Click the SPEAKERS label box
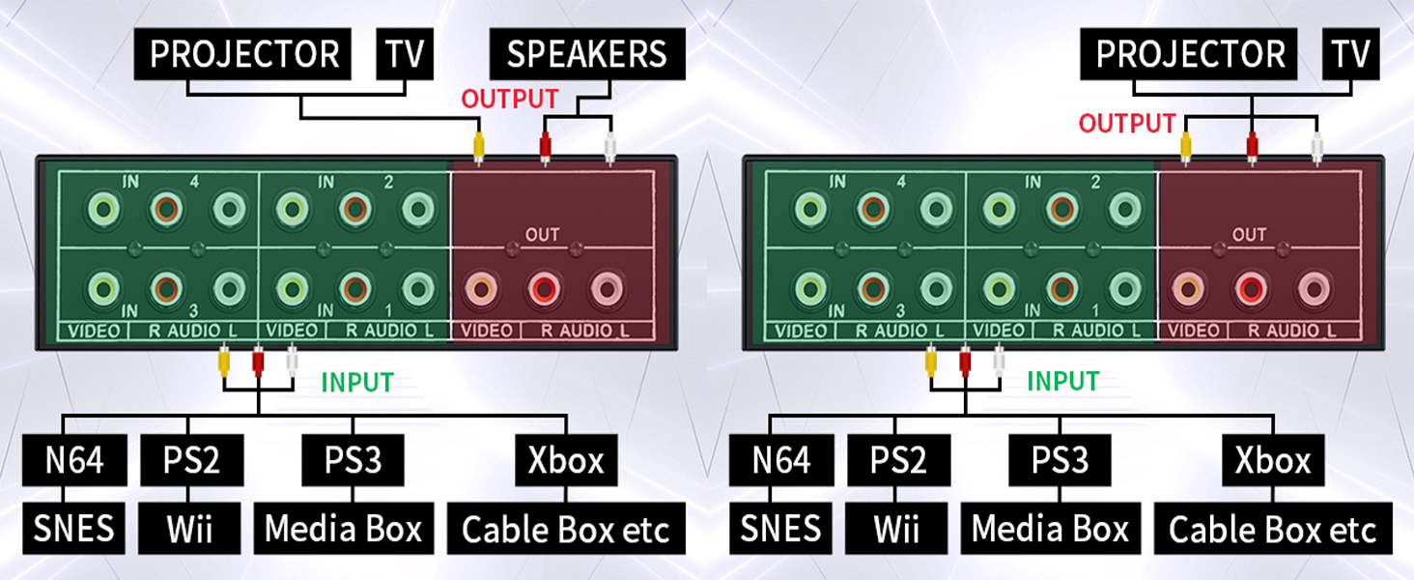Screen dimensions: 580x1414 coord(587,54)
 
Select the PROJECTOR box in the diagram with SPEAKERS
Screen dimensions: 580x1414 coord(244,54)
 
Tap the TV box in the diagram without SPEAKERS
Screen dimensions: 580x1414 coord(1350,54)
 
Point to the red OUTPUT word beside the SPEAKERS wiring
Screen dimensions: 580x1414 coord(509,99)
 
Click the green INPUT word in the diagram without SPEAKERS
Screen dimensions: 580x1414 coord(1063,382)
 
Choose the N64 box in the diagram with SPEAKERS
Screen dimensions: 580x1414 coord(74,460)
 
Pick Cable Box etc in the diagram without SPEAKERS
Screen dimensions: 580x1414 coord(1272,530)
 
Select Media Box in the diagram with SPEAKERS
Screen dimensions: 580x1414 coord(344,530)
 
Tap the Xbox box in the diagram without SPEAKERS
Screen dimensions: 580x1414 coord(1272,460)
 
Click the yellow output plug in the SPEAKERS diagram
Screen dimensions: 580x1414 coord(477,148)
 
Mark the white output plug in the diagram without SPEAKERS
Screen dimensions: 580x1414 coord(1315,147)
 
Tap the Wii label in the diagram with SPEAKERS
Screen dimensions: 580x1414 coord(190,530)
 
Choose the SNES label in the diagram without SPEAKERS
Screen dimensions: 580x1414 coord(781,530)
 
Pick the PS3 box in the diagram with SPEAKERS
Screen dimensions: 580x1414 coord(353,460)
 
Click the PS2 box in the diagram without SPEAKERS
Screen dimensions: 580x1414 coord(897,460)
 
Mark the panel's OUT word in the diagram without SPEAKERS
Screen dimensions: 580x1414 coord(1249,235)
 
